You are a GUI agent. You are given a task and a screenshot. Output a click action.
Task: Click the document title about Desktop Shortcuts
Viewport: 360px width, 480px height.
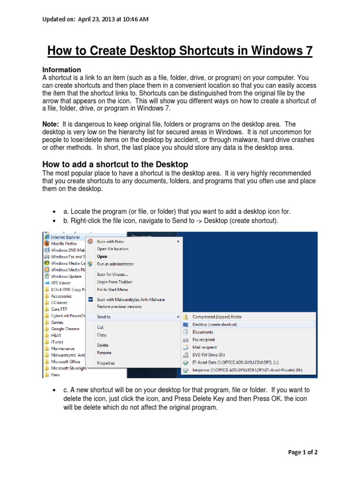click(x=180, y=50)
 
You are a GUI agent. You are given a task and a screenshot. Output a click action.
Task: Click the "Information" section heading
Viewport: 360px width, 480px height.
click(x=62, y=70)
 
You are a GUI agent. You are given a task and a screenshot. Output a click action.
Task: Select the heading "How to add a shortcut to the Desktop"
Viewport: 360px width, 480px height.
click(x=115, y=164)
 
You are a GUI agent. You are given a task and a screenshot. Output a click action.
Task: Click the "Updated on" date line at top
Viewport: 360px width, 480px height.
click(x=96, y=19)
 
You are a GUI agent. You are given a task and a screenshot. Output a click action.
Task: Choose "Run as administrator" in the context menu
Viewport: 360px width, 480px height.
click(x=115, y=264)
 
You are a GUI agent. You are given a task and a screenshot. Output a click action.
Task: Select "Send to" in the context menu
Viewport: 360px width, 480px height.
click(x=104, y=317)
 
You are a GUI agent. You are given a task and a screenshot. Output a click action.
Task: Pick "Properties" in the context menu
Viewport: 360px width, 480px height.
click(x=105, y=363)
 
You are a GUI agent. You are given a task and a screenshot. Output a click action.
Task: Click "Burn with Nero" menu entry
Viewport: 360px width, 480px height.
click(x=110, y=241)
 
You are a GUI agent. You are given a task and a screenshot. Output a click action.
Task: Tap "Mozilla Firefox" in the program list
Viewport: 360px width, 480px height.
click(x=65, y=244)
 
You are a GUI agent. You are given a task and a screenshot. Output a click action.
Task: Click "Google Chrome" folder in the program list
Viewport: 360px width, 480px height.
click(x=65, y=329)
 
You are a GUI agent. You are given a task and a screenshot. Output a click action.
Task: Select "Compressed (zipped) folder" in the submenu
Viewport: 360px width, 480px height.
click(x=217, y=317)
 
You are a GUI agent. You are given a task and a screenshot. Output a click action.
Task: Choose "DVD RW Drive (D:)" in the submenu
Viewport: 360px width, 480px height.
click(x=210, y=355)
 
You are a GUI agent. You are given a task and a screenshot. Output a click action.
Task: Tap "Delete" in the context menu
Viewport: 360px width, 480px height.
click(x=103, y=345)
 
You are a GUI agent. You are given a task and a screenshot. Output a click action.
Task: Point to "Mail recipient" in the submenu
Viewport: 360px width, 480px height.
click(x=204, y=347)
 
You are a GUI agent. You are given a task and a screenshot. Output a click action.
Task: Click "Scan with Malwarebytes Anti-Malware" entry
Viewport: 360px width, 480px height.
click(x=130, y=299)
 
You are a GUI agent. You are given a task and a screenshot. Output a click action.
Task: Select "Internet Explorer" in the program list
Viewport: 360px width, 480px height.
click(x=65, y=237)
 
